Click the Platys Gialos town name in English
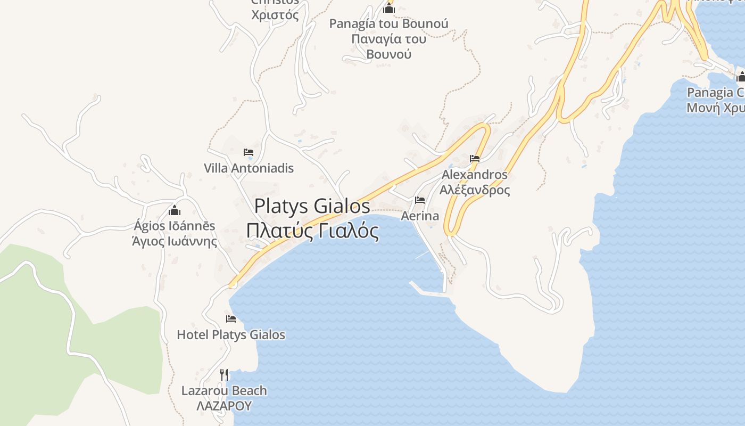click(x=312, y=206)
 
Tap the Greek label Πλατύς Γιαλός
click(x=312, y=231)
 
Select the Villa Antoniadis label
click(x=249, y=168)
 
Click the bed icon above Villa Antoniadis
click(x=249, y=152)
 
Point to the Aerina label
click(x=420, y=216)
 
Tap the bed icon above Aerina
click(x=420, y=200)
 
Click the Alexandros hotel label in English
click(x=475, y=175)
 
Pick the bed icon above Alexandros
click(x=475, y=159)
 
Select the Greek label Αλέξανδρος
click(x=475, y=190)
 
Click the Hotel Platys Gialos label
click(x=231, y=335)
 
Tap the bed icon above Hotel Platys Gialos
click(x=231, y=319)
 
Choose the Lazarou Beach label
click(x=224, y=391)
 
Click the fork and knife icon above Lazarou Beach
click(x=224, y=375)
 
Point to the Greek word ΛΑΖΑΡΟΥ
click(x=224, y=406)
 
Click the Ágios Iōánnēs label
click(x=175, y=226)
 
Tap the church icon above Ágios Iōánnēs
click(x=175, y=210)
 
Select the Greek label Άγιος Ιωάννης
click(x=175, y=241)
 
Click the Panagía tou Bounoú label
click(x=388, y=24)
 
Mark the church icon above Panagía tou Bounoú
click(x=389, y=8)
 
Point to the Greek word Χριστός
click(x=275, y=15)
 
